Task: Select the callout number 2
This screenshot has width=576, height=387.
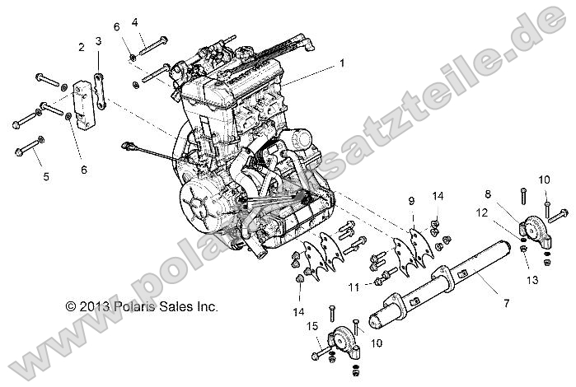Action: (x=81, y=47)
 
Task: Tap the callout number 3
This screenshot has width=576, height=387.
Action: (x=98, y=41)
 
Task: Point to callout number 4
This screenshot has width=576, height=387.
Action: (x=135, y=22)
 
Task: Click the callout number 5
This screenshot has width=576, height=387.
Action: (x=46, y=176)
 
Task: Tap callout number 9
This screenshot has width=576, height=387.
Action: (x=410, y=201)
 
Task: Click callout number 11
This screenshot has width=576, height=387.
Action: (x=353, y=287)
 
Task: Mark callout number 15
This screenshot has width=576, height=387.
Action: (x=312, y=327)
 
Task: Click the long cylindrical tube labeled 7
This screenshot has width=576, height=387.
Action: (x=437, y=284)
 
